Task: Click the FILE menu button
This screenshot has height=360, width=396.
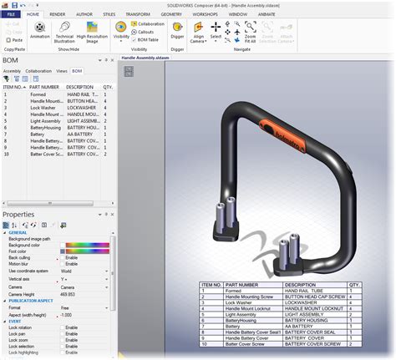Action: point(12,15)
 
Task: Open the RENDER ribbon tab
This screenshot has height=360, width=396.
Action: point(58,15)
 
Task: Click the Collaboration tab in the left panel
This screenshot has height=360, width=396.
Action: point(39,71)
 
